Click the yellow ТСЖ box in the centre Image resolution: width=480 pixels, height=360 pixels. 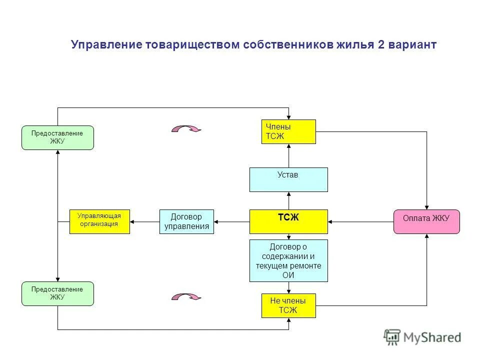(x=288, y=221)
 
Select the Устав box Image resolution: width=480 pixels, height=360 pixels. (x=288, y=179)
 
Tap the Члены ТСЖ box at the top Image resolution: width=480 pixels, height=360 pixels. (x=288, y=131)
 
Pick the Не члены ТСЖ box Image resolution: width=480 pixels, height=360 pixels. (x=288, y=305)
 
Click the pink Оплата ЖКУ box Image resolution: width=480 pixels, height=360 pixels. (x=426, y=221)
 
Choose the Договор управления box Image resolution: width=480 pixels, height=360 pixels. (x=186, y=221)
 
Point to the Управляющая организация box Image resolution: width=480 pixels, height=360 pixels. (x=99, y=221)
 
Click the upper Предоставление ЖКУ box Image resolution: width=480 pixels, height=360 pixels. (x=57, y=137)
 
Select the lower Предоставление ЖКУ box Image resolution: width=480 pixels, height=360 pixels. (x=57, y=293)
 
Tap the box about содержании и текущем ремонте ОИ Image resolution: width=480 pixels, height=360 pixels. (x=288, y=260)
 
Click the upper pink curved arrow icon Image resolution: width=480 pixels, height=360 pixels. (x=186, y=129)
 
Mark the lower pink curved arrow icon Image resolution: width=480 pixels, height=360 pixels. (x=186, y=297)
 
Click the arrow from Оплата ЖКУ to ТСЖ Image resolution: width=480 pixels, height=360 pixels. (x=360, y=221)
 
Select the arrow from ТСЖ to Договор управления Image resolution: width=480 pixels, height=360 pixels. (x=231, y=221)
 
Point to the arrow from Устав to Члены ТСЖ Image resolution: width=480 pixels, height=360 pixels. (x=288, y=155)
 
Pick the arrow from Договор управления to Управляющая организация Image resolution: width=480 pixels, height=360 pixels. (x=144, y=221)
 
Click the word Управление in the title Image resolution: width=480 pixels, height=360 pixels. (x=106, y=45)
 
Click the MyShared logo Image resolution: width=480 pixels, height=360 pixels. (x=422, y=337)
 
